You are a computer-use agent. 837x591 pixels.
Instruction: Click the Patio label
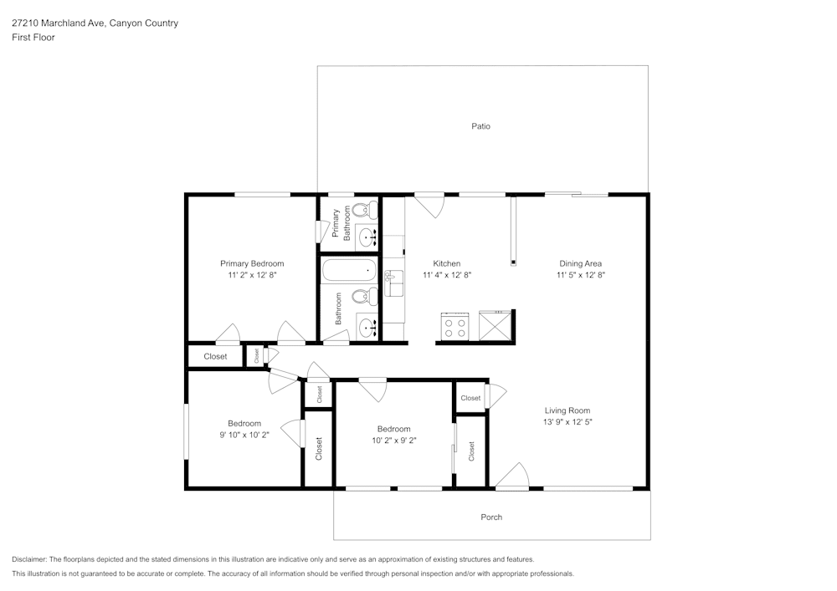click(x=480, y=126)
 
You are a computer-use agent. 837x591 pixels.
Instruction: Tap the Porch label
click(x=491, y=517)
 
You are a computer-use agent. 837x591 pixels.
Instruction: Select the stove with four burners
click(x=454, y=326)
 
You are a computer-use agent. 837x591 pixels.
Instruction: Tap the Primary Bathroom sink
click(x=367, y=237)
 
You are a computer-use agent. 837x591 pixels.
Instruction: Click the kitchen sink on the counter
click(x=393, y=283)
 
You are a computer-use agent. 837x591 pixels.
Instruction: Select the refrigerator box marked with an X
click(x=495, y=326)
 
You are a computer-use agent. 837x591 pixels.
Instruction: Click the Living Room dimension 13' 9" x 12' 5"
click(x=567, y=422)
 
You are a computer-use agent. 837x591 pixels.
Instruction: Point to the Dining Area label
click(x=581, y=263)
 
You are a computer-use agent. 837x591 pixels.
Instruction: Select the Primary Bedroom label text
click(x=252, y=263)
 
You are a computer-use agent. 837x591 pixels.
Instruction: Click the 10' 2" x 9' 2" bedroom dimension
click(x=393, y=440)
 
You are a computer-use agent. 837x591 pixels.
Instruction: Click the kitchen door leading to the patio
click(x=429, y=205)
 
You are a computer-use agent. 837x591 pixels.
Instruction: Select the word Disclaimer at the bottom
click(x=29, y=559)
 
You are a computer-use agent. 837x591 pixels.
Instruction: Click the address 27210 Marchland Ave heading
click(x=58, y=23)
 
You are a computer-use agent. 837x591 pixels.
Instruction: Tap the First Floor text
click(x=33, y=38)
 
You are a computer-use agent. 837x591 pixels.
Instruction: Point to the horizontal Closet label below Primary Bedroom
click(x=215, y=356)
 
